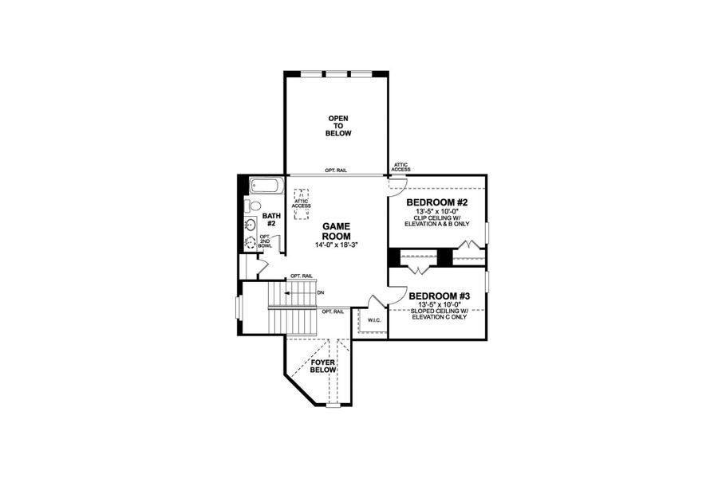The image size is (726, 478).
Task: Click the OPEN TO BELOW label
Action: pos(337,126)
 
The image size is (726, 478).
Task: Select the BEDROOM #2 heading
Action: pos(436,202)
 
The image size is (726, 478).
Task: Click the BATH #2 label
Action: pos(271,219)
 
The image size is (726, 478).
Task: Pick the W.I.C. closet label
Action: pos(374,320)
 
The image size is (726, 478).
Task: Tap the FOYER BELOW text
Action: pos(322,366)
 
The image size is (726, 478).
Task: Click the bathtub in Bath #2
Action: pos(264,188)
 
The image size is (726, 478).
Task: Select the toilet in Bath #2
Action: pos(248,206)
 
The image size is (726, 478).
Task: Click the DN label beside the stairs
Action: pos(321,292)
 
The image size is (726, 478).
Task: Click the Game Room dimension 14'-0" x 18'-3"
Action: pos(337,246)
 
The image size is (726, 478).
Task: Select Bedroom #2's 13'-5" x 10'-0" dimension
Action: pos(436,211)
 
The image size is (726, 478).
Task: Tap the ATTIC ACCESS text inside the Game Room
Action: pos(301,202)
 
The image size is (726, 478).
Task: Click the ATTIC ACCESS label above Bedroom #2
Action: pos(400,167)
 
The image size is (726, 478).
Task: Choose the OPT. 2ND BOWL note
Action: pos(264,241)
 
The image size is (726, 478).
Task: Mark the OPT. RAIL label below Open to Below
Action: pos(335,170)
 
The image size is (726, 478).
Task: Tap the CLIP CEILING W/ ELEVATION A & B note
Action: pos(436,221)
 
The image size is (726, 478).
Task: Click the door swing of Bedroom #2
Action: pos(394,185)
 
